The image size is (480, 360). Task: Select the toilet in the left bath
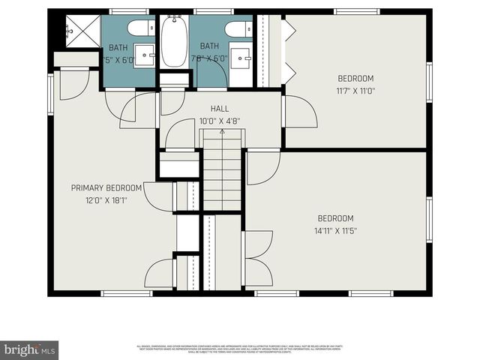[139, 28]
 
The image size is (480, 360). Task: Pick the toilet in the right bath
[238, 28]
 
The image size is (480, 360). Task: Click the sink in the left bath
[145, 55]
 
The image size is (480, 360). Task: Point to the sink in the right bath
[241, 56]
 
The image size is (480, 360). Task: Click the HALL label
[219, 109]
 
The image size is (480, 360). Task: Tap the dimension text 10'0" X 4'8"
[219, 121]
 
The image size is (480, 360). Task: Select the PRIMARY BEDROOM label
[106, 187]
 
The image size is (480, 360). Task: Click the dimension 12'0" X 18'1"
[106, 199]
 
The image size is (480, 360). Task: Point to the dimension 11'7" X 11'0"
[355, 91]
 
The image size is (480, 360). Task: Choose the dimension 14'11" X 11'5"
[334, 230]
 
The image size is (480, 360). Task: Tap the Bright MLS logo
[30, 349]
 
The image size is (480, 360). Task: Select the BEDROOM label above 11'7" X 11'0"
[355, 78]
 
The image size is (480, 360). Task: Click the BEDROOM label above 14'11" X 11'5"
[334, 218]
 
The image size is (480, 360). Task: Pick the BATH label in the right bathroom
[209, 46]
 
